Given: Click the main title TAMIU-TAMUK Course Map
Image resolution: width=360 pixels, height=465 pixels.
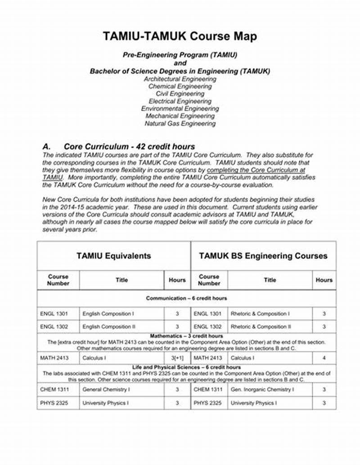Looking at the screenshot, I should point(180,36).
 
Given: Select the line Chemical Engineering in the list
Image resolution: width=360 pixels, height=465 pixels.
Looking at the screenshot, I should point(180,86).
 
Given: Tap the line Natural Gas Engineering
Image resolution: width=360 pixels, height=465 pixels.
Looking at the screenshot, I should point(180,123).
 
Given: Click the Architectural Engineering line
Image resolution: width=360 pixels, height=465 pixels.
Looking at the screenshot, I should point(180,79).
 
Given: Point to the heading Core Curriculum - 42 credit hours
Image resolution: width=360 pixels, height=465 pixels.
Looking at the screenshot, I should point(129,147).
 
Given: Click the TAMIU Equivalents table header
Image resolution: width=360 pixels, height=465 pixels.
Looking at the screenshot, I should point(113,256).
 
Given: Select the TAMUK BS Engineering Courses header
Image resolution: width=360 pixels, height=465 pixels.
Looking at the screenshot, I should point(263,256).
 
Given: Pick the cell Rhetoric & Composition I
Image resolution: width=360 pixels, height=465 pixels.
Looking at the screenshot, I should point(260,313).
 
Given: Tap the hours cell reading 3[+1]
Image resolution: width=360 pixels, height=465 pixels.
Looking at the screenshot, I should point(177,358).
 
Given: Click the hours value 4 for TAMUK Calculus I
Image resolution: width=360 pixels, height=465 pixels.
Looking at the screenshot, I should point(324,358).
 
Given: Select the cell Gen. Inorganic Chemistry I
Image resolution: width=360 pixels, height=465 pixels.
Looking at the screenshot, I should point(262,389).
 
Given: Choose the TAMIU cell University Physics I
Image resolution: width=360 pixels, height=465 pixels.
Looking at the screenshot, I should point(106,403).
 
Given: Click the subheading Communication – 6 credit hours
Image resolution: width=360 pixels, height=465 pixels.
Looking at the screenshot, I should point(186,298).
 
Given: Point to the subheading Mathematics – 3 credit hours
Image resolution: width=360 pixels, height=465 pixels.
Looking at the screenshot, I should point(186,336).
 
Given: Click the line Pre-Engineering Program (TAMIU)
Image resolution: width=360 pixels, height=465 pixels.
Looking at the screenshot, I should point(180,55).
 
